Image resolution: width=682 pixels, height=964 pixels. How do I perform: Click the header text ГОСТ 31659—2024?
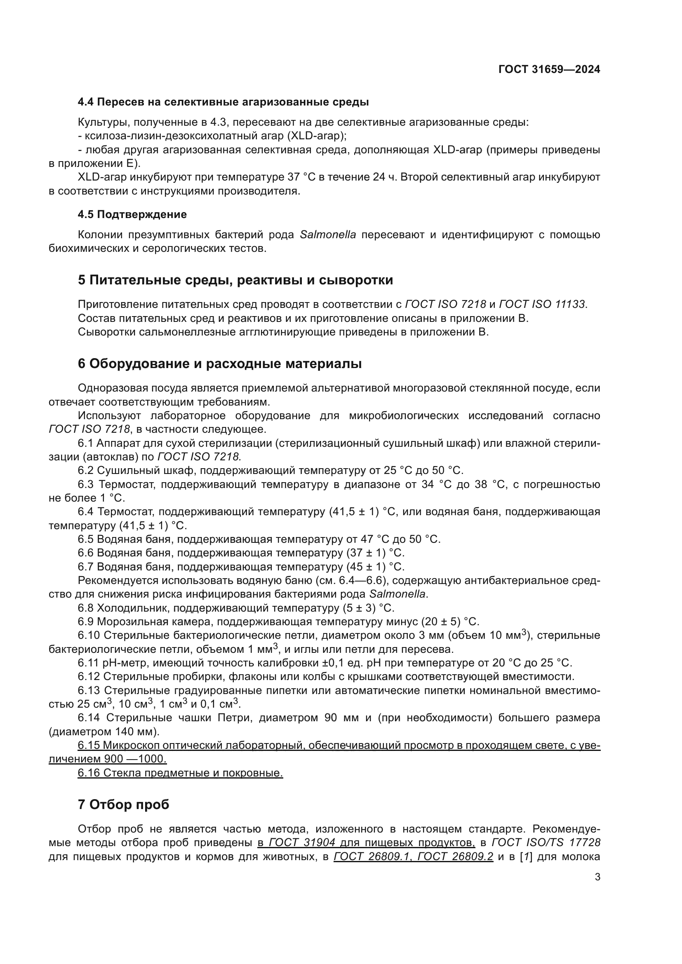[x=549, y=69]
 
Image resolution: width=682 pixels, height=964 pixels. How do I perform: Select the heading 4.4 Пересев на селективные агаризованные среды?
[x=223, y=102]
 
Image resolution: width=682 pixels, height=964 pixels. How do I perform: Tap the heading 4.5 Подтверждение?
[x=132, y=215]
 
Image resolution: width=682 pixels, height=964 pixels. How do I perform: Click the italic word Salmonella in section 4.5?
[x=327, y=235]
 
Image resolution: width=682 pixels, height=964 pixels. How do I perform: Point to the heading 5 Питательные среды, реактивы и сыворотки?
[x=235, y=280]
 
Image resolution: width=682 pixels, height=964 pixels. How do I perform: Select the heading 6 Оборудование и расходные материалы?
[x=220, y=364]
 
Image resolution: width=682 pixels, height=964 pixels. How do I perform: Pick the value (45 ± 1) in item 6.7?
[x=366, y=567]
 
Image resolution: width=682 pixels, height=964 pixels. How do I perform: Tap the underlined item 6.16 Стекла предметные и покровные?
[x=180, y=772]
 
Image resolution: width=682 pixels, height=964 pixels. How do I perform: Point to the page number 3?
[x=597, y=877]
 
